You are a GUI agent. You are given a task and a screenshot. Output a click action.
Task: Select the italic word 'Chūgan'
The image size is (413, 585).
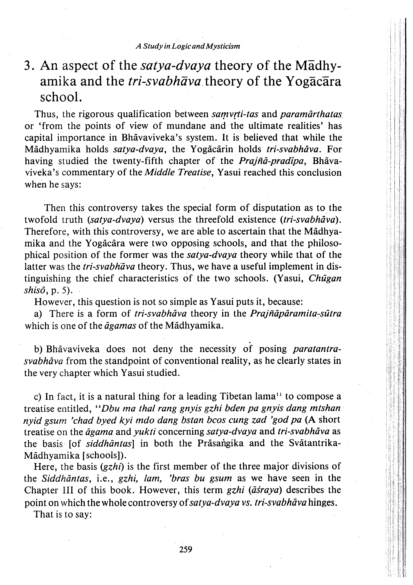(x=325, y=278)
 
